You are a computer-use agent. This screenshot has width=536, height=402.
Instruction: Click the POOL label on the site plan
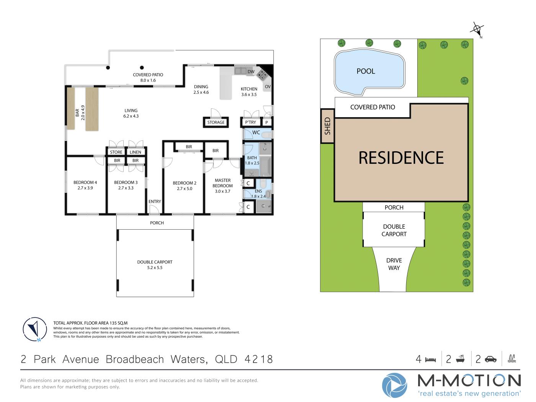point(366,71)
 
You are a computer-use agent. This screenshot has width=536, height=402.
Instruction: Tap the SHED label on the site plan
point(327,126)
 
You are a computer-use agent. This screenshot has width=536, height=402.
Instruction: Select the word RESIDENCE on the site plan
point(401,158)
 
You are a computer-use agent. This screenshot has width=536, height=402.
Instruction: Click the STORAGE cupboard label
point(216,122)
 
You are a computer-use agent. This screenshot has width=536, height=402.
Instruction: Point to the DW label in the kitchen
point(251,72)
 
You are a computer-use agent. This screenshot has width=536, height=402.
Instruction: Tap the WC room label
point(256,132)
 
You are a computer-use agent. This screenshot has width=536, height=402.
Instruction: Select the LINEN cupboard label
point(135,152)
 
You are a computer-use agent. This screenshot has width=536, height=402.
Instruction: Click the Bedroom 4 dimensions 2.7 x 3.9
point(85,188)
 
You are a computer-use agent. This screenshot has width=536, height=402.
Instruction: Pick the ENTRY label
point(155,201)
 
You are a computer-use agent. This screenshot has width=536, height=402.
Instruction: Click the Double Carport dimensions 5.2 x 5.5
point(155,268)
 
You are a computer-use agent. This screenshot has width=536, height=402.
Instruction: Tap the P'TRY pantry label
point(250,122)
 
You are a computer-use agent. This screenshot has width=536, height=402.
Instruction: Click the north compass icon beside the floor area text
point(35,329)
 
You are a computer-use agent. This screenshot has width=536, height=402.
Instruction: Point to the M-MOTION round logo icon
point(394,385)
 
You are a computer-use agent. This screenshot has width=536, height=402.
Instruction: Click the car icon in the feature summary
point(490,359)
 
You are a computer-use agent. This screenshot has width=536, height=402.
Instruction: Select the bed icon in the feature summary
point(430,360)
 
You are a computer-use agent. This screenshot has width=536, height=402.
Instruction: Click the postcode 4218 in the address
point(258,359)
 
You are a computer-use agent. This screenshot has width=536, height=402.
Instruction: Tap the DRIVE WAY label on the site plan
point(394,264)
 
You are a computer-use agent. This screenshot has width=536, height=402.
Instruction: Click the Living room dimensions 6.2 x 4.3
point(131,116)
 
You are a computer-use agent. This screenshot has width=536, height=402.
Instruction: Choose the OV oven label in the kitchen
point(268,87)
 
